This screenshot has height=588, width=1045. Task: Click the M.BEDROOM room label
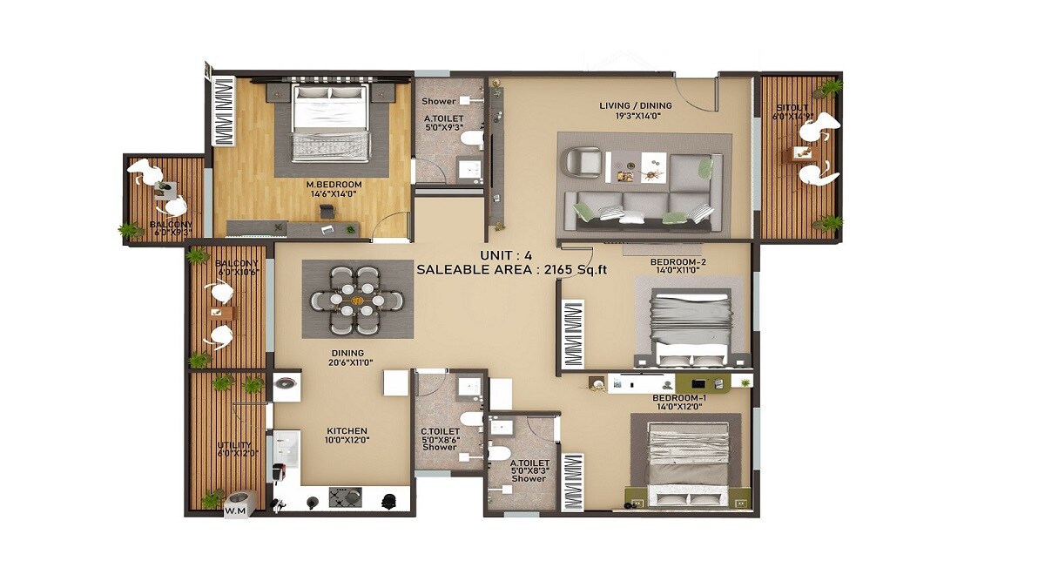pos(334,185)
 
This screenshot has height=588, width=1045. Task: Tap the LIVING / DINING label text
pos(636,106)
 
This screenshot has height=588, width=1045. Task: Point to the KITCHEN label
pos(347,431)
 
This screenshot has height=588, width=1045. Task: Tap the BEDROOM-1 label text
pos(679,398)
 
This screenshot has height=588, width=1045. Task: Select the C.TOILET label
pos(440,430)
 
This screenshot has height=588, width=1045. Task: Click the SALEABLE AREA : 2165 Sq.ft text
pos(511,270)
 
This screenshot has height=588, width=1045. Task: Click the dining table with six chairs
pos(357,299)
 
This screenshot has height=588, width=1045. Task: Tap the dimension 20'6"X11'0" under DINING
pos(351,362)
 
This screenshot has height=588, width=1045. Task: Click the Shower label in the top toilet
pos(440,101)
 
